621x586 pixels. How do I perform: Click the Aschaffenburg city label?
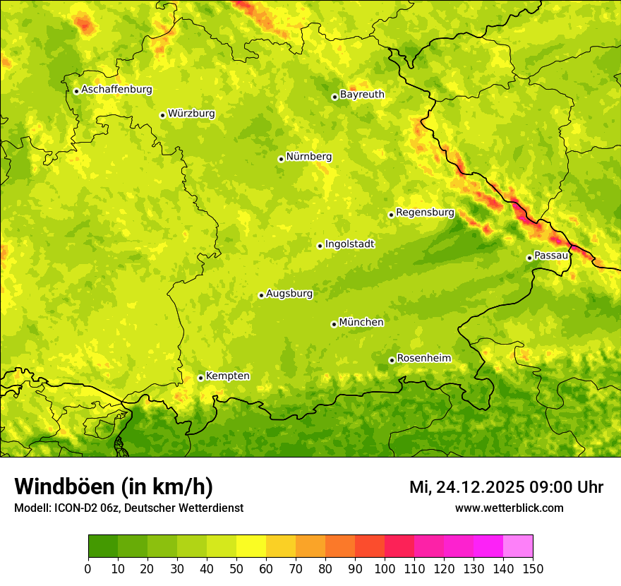[x=116, y=90]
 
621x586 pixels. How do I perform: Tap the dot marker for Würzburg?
[x=162, y=115]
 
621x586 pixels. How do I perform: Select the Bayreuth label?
[x=362, y=95]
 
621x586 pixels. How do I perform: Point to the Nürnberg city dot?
[x=281, y=159]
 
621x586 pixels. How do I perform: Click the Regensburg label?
[x=425, y=213]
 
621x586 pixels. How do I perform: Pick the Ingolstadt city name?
[x=349, y=244]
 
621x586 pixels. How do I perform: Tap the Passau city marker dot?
[x=529, y=258]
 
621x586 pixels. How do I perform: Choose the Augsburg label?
[x=289, y=294]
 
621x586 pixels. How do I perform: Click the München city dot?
[x=334, y=324]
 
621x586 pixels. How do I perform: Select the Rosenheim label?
[x=423, y=359]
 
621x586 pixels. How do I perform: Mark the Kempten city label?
[x=227, y=376]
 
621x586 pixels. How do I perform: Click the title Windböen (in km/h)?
[x=113, y=486]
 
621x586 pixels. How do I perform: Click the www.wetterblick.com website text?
[x=509, y=508]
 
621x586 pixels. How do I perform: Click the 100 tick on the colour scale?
[x=385, y=568]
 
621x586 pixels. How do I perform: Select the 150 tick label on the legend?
[x=533, y=568]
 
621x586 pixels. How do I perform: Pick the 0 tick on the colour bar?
[x=88, y=568]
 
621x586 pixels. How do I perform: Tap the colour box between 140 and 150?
[x=518, y=546]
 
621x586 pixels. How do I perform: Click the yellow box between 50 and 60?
[x=251, y=546]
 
